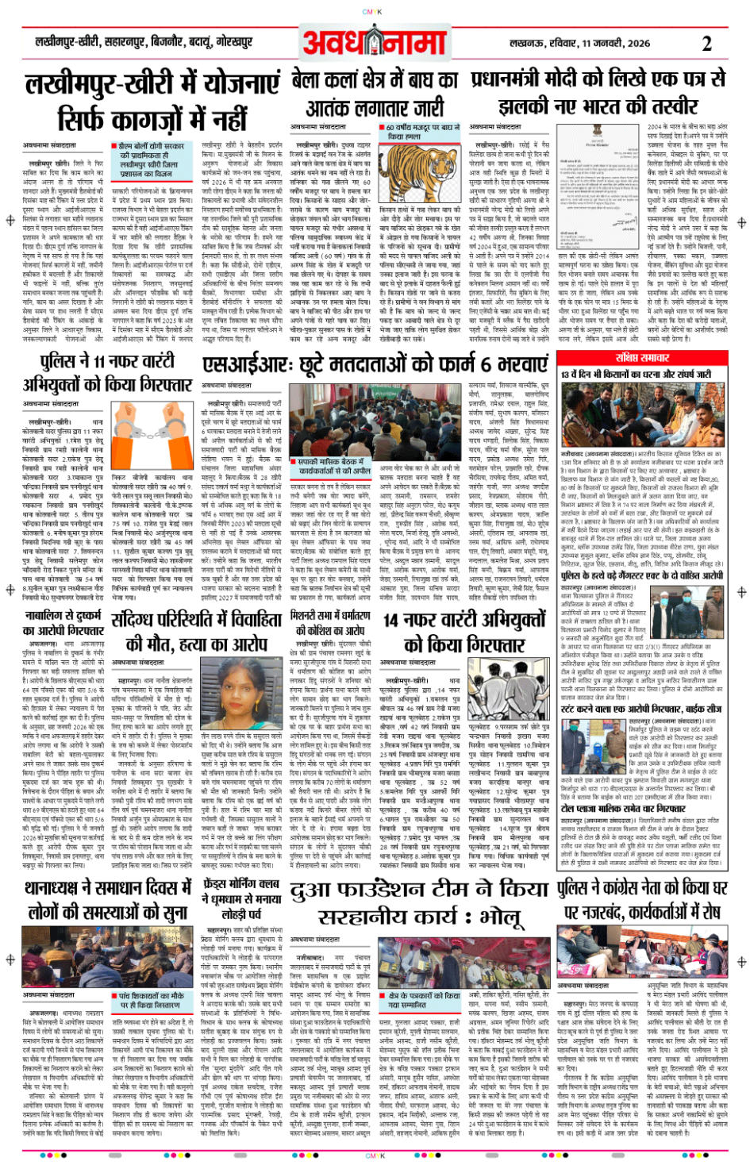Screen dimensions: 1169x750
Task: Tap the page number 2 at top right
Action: click(706, 44)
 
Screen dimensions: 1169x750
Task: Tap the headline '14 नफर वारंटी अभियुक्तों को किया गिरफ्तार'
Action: click(464, 631)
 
